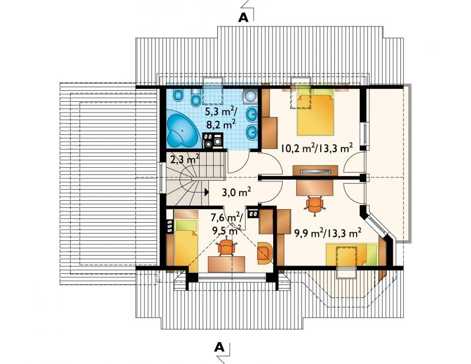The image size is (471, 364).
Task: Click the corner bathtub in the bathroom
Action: pyautogui.click(x=182, y=128)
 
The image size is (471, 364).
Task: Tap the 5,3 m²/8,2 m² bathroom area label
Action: pyautogui.click(x=221, y=118)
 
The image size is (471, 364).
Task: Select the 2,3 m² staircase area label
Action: pyautogui.click(x=185, y=158)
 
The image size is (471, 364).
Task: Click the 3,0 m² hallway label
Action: pyautogui.click(x=237, y=193)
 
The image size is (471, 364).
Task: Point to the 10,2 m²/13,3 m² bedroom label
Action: pyautogui.click(x=316, y=148)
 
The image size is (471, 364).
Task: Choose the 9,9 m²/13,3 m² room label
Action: pyautogui.click(x=325, y=233)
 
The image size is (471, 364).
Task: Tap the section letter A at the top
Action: pyautogui.click(x=243, y=18)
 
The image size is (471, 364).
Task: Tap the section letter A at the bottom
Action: pyautogui.click(x=219, y=348)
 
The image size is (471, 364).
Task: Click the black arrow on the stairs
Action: pyautogui.click(x=207, y=192)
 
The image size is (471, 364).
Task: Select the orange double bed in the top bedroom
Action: pyautogui.click(x=316, y=114)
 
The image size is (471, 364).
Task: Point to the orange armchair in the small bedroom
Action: pyautogui.click(x=264, y=253)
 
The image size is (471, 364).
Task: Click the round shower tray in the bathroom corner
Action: pyautogui.click(x=250, y=96)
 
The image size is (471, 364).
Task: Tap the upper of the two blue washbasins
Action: pyautogui.click(x=252, y=114)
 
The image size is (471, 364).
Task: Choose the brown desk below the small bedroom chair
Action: pyautogui.click(x=227, y=264)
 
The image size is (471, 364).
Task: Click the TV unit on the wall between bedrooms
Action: pyautogui.click(x=315, y=171)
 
